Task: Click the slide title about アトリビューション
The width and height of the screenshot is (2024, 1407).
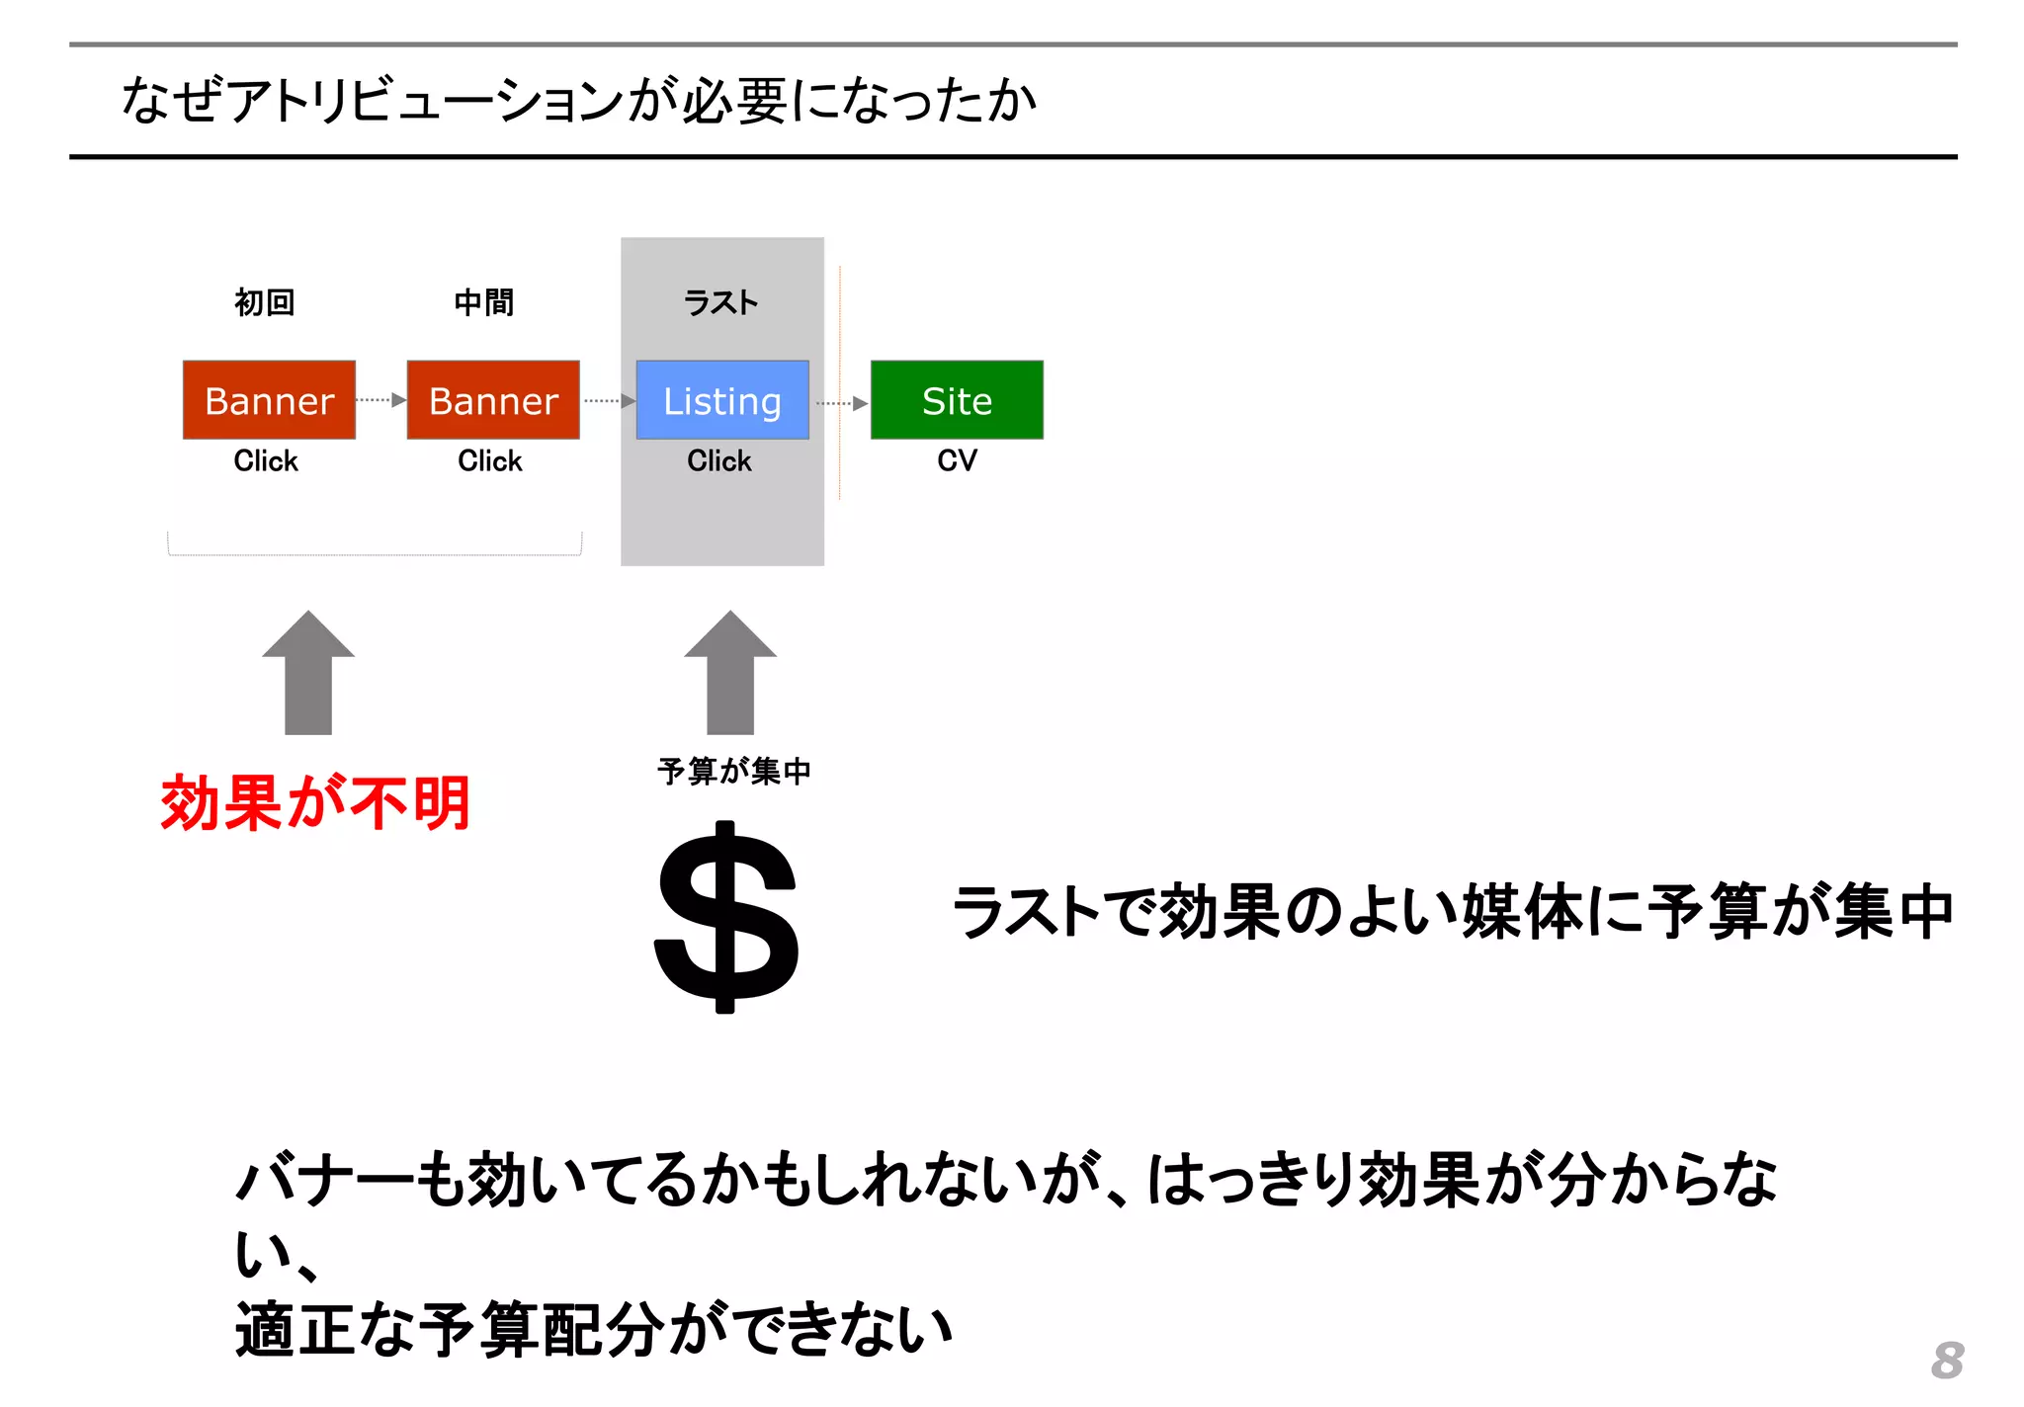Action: [578, 101]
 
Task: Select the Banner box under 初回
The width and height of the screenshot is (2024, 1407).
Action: [269, 400]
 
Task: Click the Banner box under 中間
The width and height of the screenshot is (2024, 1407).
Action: [493, 400]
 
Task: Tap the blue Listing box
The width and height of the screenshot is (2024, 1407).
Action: [722, 400]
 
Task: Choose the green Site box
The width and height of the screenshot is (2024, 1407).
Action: [957, 400]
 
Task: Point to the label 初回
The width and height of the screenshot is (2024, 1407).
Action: [265, 302]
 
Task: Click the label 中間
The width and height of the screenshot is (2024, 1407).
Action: [484, 302]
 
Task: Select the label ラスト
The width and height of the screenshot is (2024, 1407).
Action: [721, 302]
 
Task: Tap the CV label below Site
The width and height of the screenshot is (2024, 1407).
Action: [957, 460]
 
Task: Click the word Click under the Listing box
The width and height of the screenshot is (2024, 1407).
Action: [719, 460]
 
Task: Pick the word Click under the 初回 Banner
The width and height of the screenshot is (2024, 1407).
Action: [266, 460]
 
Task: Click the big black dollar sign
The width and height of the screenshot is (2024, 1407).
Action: [726, 917]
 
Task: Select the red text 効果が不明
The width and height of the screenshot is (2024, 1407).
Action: [315, 802]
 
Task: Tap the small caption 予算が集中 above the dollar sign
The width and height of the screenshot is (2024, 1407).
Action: [734, 771]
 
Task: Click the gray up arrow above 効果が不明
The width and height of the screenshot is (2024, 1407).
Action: [308, 673]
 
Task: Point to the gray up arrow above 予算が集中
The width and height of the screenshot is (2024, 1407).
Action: [730, 673]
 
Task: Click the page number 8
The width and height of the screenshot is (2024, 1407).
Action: [1947, 1361]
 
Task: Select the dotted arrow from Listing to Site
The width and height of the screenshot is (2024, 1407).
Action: [841, 403]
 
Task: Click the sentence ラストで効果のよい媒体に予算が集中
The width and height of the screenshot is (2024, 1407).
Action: [1453, 911]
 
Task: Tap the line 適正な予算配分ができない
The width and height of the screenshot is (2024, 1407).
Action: [593, 1329]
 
